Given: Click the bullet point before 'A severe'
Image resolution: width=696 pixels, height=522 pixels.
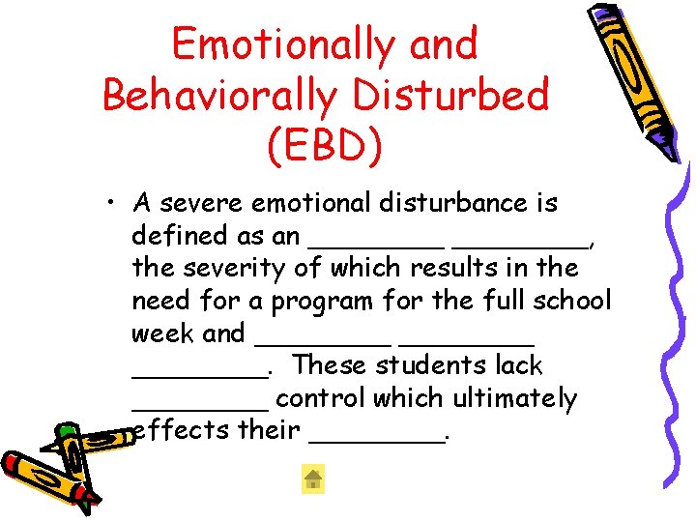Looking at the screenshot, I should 113,204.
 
